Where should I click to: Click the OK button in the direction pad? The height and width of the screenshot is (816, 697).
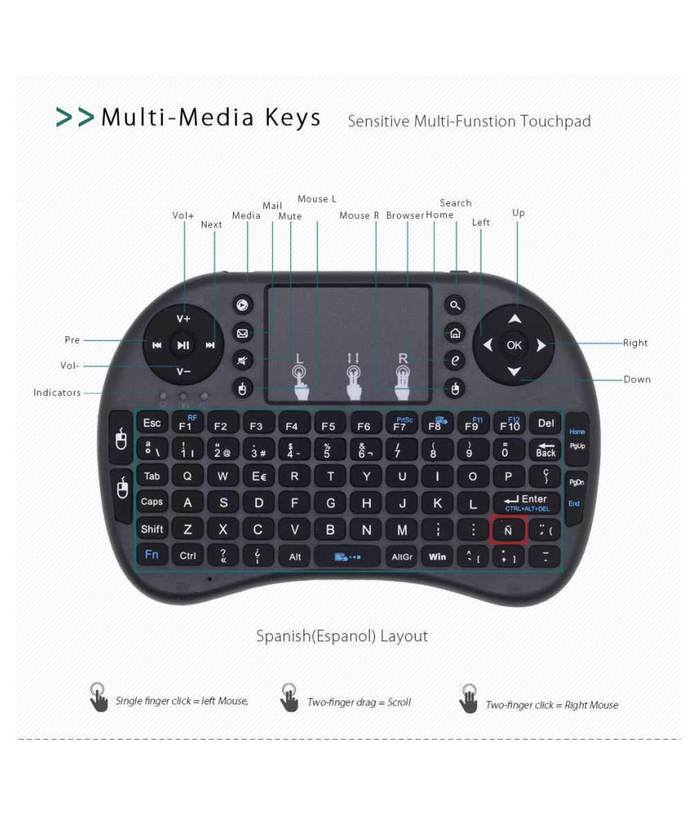click(x=514, y=345)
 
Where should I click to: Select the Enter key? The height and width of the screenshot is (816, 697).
click(x=526, y=502)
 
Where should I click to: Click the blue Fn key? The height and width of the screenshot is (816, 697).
click(x=152, y=554)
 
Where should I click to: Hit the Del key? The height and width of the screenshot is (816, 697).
click(x=545, y=423)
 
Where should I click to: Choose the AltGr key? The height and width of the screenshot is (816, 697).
click(x=402, y=556)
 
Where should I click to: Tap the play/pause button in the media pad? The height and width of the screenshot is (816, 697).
click(x=183, y=345)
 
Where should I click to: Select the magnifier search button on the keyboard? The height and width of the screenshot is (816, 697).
click(x=456, y=306)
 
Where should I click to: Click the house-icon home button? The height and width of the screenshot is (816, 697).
click(x=456, y=333)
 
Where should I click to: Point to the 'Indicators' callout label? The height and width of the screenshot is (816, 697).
click(x=57, y=393)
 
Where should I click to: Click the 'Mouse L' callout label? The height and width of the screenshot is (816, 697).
click(x=317, y=199)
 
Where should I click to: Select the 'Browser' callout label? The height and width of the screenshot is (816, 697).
click(x=405, y=216)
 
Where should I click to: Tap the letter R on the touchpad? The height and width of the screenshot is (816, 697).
click(x=403, y=358)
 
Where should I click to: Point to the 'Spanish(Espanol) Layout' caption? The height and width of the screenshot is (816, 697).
click(x=342, y=636)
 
